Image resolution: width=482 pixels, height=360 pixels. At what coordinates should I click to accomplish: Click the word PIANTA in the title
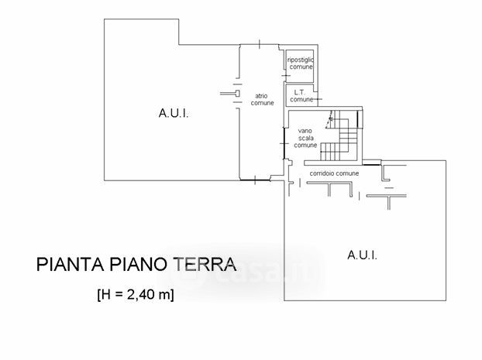point(66,266)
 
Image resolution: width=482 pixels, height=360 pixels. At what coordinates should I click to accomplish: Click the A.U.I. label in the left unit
point(174,114)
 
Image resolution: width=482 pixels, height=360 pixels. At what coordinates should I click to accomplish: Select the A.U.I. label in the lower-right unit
point(362,255)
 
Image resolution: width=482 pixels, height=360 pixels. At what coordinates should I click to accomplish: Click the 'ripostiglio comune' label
point(301,63)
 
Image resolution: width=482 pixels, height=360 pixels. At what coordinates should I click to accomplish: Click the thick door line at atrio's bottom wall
point(255,180)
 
